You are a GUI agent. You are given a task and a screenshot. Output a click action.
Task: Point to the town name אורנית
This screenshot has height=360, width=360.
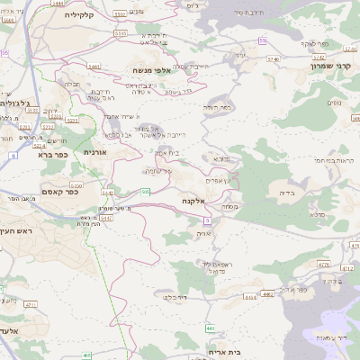pos(94,153)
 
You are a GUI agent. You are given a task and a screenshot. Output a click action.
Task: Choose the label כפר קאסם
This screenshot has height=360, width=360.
pos(61,191)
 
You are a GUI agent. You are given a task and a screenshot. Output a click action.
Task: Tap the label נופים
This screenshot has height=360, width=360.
pos(335,103)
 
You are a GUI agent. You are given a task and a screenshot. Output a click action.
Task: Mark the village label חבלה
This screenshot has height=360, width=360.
pos(72,84)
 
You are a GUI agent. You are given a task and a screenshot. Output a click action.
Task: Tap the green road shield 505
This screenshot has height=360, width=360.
pos(145,191)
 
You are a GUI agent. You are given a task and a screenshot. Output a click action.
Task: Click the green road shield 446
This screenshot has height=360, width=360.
pos(211,328)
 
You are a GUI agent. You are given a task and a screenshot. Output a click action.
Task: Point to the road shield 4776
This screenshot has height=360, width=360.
pos(349,265)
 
